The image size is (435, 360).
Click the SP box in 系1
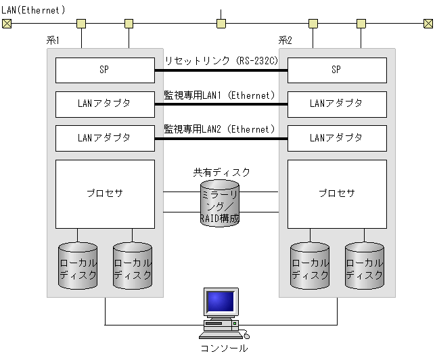(105, 70)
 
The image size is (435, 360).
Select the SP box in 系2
(337, 70)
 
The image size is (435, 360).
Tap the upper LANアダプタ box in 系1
(105, 104)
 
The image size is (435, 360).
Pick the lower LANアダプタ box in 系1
(105, 138)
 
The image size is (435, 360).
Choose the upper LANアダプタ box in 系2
(337, 104)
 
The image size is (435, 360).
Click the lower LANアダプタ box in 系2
(337, 138)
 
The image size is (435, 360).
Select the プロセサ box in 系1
(105, 194)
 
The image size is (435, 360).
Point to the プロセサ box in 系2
(337, 194)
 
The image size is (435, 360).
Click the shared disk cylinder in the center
(220, 202)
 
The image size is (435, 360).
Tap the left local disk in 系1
(78, 266)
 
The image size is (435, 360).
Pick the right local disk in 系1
(133, 266)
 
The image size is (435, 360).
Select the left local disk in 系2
(310, 266)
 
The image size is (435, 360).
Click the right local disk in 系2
(365, 266)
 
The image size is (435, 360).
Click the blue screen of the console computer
(221, 300)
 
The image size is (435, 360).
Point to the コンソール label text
(224, 348)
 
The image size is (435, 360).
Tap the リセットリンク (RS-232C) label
(221, 61)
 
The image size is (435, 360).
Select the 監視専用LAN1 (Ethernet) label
(219, 95)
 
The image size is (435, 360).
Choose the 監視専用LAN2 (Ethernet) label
(219, 129)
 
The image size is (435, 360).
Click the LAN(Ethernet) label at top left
(33, 10)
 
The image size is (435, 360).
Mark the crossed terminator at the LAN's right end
(428, 24)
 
